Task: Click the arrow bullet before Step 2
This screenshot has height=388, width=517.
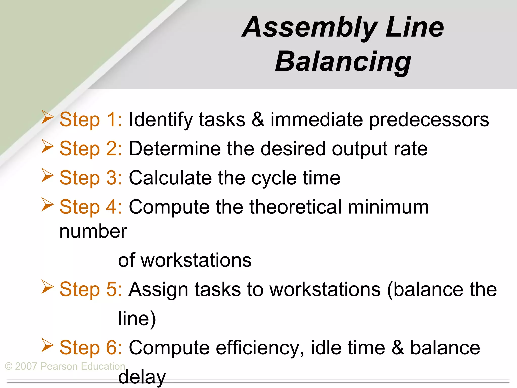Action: [x=47, y=147]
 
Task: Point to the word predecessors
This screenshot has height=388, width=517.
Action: [x=429, y=119]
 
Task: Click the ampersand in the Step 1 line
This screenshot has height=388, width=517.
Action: [x=258, y=119]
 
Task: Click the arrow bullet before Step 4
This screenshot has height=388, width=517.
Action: [x=47, y=205]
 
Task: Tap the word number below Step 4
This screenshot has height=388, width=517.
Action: [x=93, y=231]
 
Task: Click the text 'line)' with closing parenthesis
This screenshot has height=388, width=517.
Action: [x=137, y=319]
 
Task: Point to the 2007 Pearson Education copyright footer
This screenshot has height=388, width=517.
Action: [x=65, y=366]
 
